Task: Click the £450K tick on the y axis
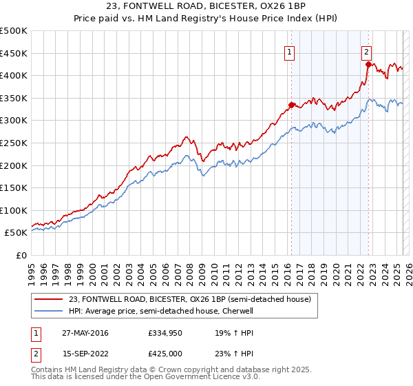pyautogui.click(x=14, y=53)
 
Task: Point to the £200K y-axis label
pyautogui.click(x=14, y=165)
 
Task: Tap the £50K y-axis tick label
pyautogui.click(x=17, y=233)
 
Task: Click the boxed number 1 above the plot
pyautogui.click(x=290, y=51)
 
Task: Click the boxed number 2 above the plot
pyautogui.click(x=368, y=51)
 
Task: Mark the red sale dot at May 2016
pyautogui.click(x=291, y=105)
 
